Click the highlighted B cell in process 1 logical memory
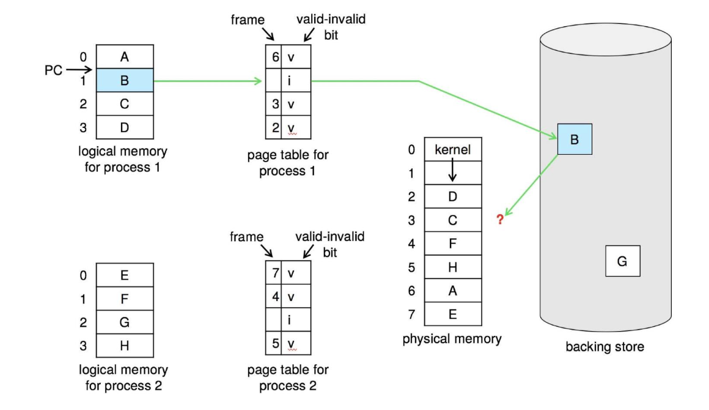coord(125,81)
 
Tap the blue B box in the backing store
coord(574,139)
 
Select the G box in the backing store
coord(622,261)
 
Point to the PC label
coord(54,70)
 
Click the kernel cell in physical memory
coord(452,149)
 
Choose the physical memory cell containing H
coord(452,267)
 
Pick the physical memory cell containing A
coord(452,291)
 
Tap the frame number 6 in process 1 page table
coord(275,57)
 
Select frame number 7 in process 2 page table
coord(275,273)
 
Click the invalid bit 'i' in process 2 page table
coord(292,319)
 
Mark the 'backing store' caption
coord(604,347)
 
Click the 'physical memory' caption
coord(452,338)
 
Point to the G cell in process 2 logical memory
coord(125,322)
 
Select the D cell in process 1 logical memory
coord(125,128)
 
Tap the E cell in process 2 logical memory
coord(125,275)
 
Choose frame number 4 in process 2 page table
coord(275,297)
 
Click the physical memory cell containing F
coord(452,244)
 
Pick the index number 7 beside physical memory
coord(412,315)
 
